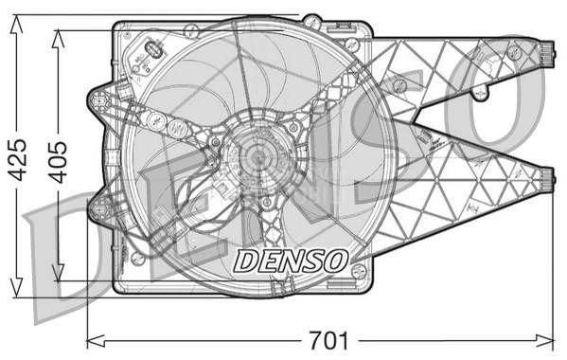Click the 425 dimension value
(x=18, y=159)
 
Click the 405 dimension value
(x=59, y=162)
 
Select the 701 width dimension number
(x=328, y=341)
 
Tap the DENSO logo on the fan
(x=291, y=261)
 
